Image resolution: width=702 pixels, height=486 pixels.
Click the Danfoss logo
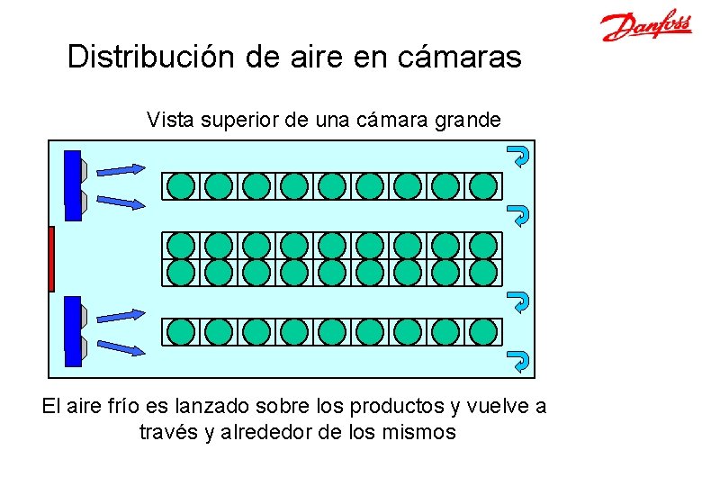pos(645,26)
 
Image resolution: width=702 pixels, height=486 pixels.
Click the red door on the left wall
pos(51,259)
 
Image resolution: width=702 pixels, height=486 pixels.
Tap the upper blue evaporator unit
pos(73,185)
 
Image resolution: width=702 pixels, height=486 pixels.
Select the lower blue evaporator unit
pos(73,331)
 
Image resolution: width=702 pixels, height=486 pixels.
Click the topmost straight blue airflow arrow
pos(119,168)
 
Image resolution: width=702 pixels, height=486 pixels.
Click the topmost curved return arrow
pos(519,156)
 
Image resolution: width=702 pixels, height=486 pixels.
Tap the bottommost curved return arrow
pos(519,361)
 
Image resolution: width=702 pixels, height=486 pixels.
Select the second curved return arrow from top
pos(519,215)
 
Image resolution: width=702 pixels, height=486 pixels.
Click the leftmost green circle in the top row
pos(181,185)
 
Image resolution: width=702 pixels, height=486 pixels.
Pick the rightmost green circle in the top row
pos(483,185)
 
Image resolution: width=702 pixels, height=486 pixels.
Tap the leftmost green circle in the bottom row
pos(181,331)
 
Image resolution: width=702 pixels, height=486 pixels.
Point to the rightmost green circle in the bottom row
pos(483,331)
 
